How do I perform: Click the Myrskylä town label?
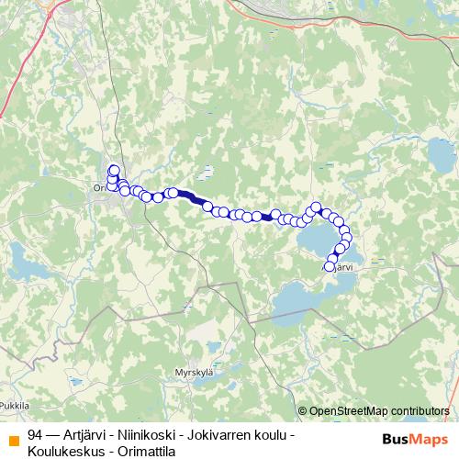coord(192,373)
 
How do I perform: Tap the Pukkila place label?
coord(15,404)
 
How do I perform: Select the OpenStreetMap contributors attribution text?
coord(374,410)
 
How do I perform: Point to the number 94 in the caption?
coord(35,434)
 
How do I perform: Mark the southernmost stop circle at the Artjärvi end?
coord(330,267)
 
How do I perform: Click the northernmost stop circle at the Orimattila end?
coord(114,169)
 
